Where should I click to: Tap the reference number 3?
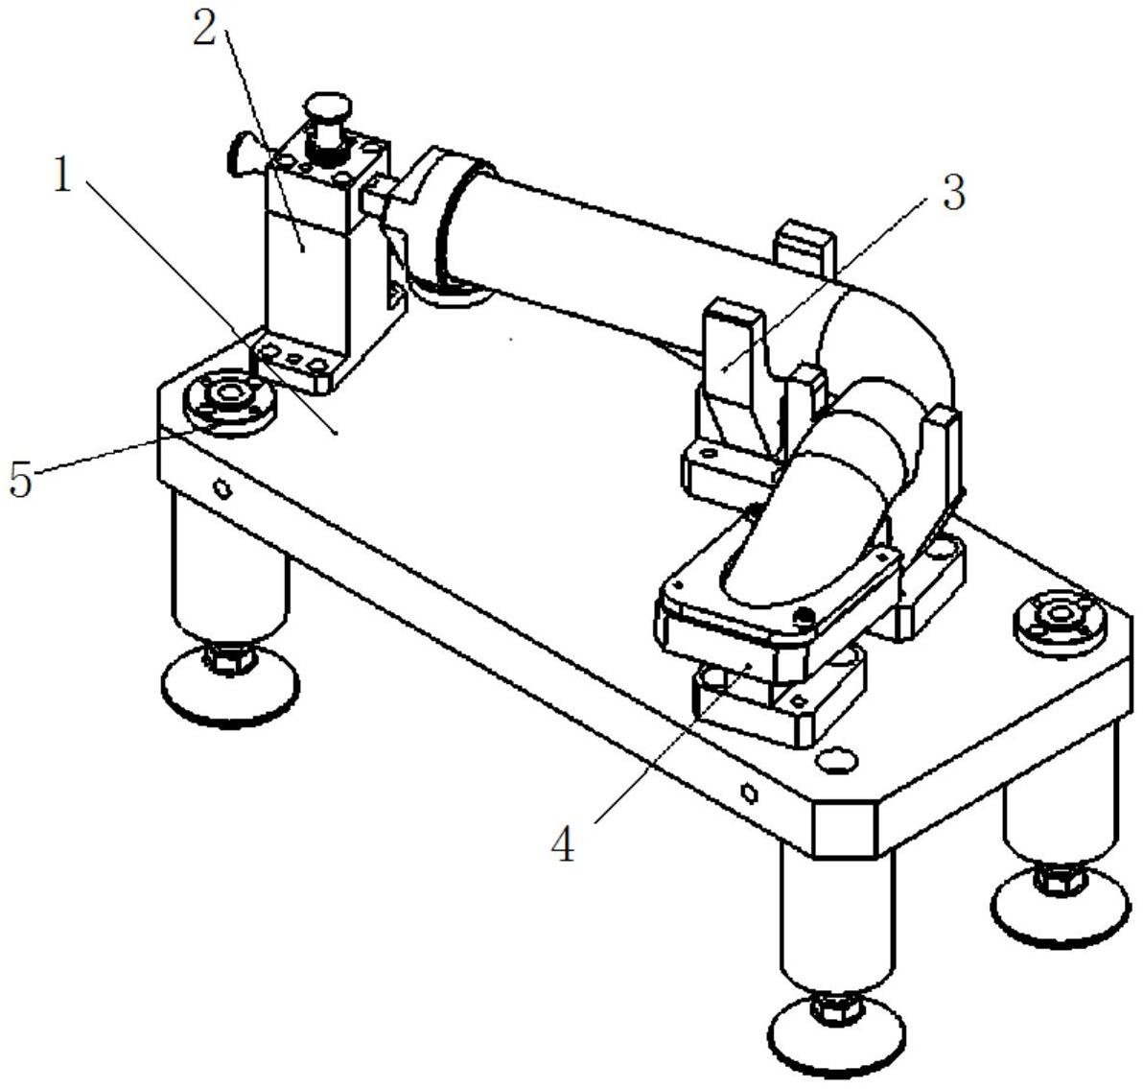coord(953,193)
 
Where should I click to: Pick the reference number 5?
coord(21,480)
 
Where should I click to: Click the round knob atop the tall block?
coord(329,105)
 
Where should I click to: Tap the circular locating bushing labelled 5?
coord(229,400)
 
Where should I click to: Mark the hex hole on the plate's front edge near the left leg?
coord(222,488)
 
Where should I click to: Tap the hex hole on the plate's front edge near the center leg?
coord(749,793)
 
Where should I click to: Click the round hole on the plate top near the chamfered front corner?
coord(835,761)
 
